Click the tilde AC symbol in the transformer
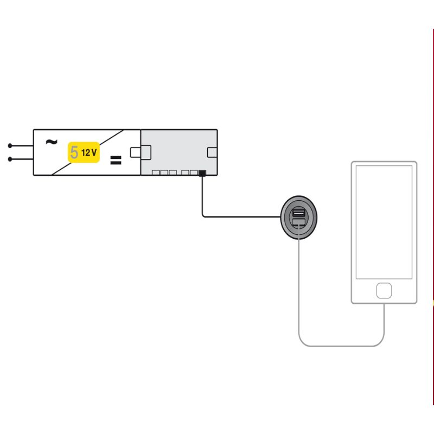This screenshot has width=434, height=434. (52, 142)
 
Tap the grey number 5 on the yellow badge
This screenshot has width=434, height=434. (74, 152)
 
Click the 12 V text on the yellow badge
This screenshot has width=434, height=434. (89, 152)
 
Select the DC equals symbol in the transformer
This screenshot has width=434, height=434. (116, 160)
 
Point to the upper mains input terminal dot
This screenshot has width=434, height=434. (10, 145)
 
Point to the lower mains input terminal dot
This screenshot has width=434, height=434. (10, 159)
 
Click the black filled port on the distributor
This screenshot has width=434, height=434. (202, 173)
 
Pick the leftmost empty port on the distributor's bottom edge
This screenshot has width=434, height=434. (156, 173)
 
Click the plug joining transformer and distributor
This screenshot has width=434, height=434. (141, 152)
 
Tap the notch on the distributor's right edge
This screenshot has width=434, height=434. (212, 152)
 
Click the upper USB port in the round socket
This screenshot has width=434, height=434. (299, 213)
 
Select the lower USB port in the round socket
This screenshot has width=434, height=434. (299, 222)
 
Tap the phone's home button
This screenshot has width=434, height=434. (384, 291)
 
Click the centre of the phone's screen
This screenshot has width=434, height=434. (384, 222)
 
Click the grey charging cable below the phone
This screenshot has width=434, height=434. (341, 346)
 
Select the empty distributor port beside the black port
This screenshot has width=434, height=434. (194, 173)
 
